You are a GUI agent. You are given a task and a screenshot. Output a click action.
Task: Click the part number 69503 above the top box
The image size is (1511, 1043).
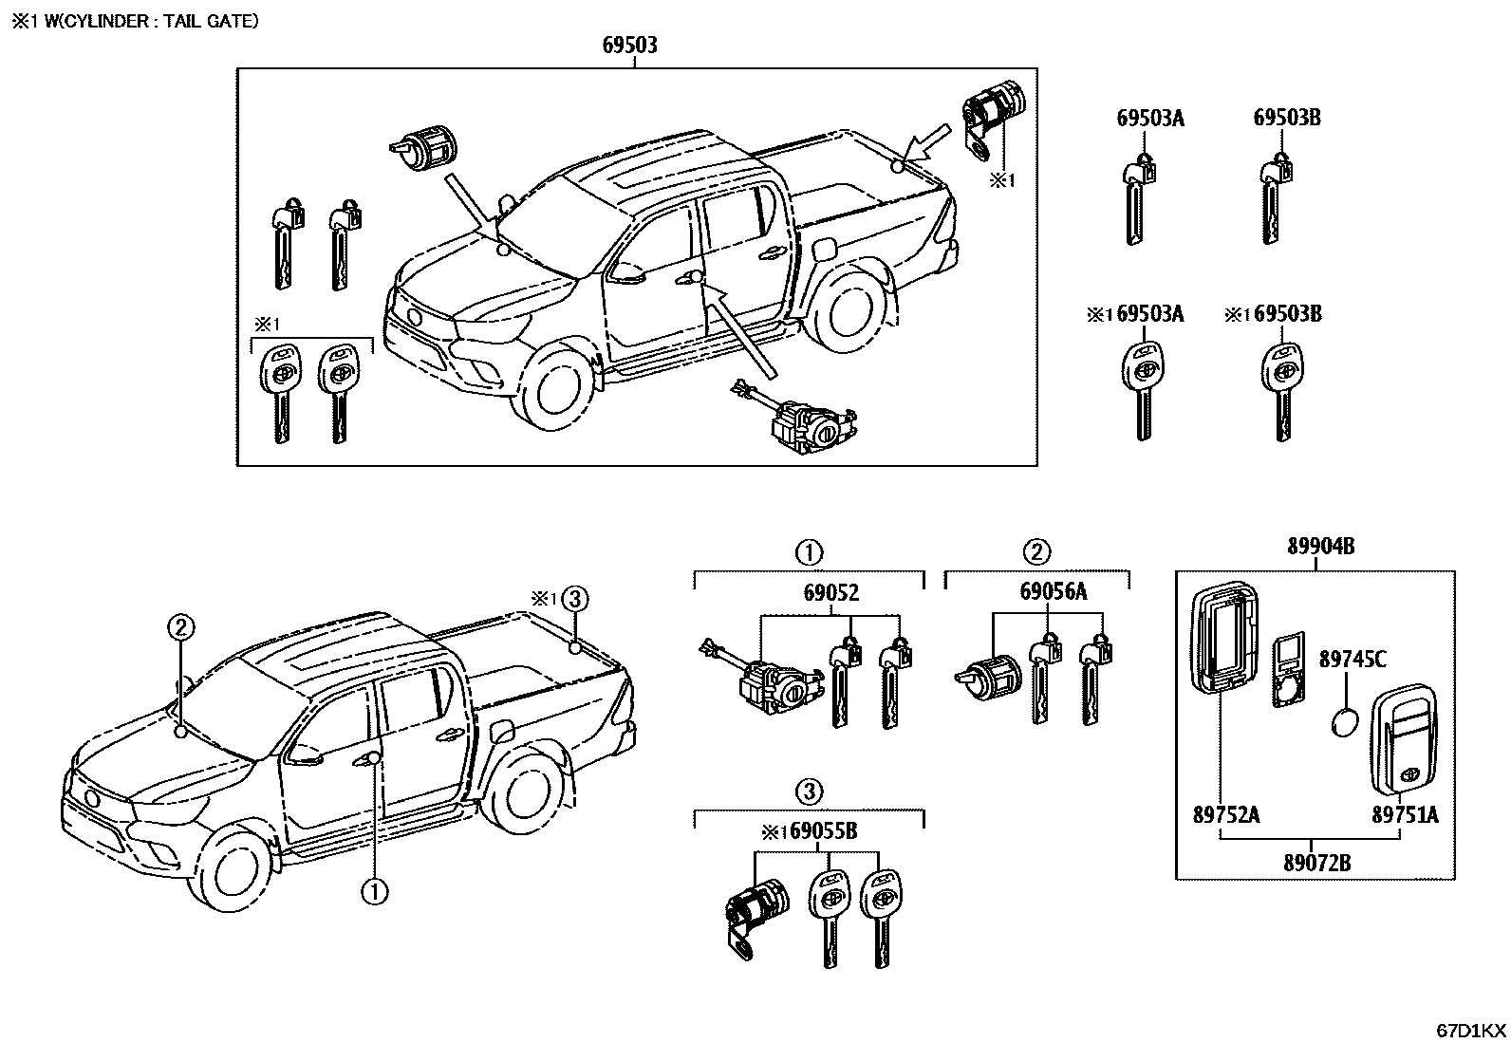[x=630, y=45]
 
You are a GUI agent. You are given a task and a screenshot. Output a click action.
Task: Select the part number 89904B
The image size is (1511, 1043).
[x=1320, y=546]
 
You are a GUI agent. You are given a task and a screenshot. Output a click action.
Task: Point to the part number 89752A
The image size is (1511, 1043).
[x=1225, y=814]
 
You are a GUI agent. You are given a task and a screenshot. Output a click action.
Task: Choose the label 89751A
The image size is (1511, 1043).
[x=1405, y=814]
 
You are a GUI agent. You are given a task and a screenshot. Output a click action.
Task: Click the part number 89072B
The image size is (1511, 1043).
[x=1316, y=863]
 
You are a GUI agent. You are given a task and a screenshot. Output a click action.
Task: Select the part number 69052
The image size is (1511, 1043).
[x=830, y=592]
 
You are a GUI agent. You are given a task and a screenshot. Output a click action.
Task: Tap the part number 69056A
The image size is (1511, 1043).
[x=1054, y=592]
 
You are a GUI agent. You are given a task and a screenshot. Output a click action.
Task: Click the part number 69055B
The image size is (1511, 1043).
[x=823, y=831]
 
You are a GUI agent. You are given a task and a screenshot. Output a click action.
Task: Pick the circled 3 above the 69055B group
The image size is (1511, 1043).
[x=808, y=791]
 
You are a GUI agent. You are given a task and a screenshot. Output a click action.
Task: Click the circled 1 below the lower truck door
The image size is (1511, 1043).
[x=373, y=891]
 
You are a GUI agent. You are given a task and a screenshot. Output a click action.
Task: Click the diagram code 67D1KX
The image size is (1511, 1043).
[x=1470, y=1030]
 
